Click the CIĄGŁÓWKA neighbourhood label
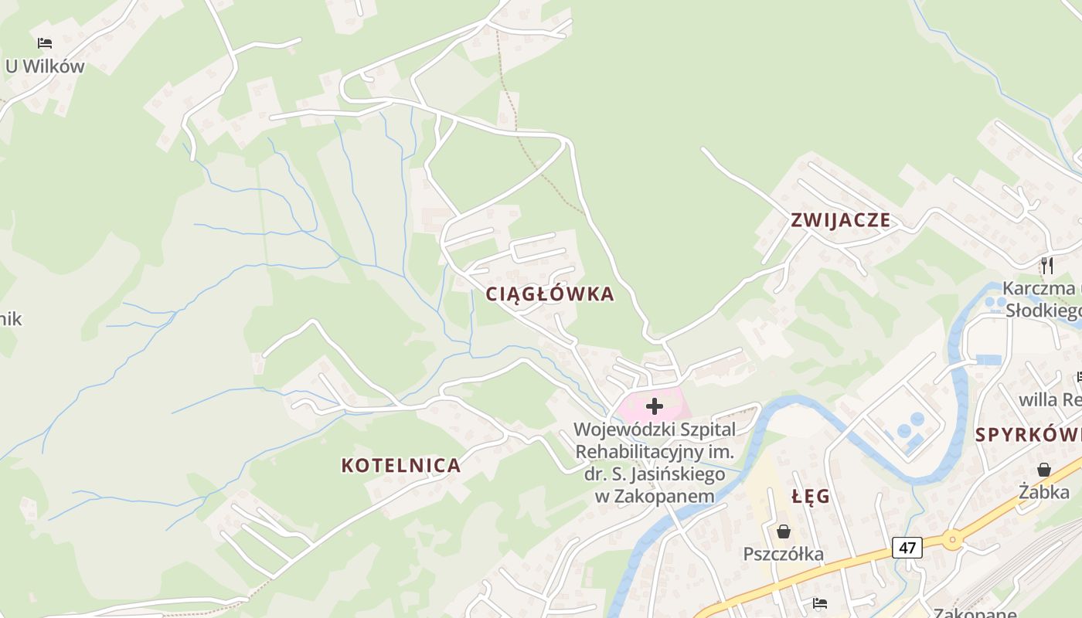550,294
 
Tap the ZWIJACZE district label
840,221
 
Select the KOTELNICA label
400,466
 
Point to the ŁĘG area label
811,497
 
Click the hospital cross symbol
655,406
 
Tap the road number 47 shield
907,548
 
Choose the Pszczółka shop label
783,554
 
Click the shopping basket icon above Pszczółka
784,531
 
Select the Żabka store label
1043,492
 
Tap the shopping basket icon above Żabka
1044,470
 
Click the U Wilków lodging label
45,66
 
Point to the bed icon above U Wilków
45,43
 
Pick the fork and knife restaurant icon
1047,266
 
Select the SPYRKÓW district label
1028,434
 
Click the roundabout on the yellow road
951,539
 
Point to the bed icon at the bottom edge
820,603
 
